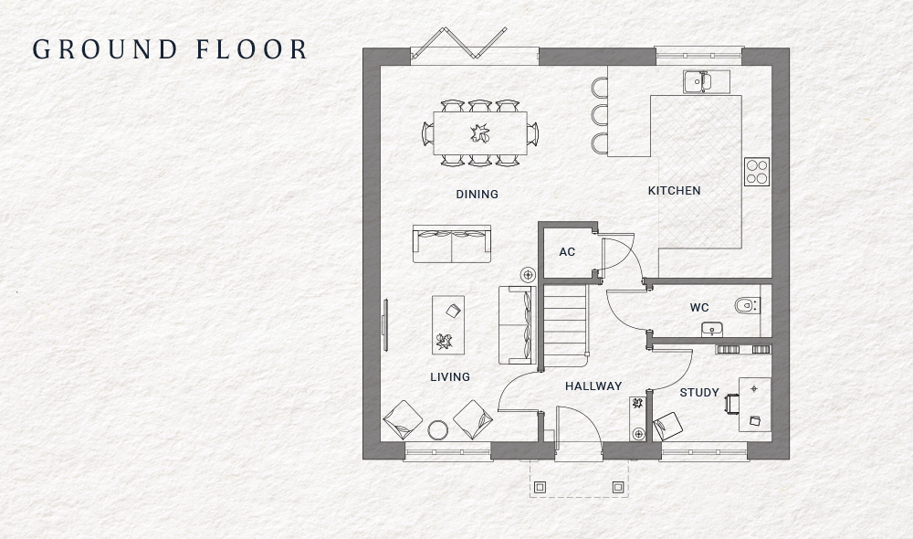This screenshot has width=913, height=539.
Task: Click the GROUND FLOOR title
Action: pyautogui.click(x=170, y=49)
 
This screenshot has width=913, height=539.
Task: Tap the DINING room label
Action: pyautogui.click(x=477, y=194)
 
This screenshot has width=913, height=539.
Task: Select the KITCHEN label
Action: pyautogui.click(x=674, y=190)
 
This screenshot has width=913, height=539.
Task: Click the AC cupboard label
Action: pyautogui.click(x=567, y=251)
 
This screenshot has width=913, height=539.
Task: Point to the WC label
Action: pyautogui.click(x=699, y=308)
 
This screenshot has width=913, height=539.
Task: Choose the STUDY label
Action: pyautogui.click(x=699, y=393)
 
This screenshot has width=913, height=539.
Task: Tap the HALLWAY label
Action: pyautogui.click(x=593, y=386)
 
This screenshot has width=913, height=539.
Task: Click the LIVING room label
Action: pyautogui.click(x=449, y=376)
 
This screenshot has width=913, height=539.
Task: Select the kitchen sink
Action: pyautogui.click(x=699, y=81)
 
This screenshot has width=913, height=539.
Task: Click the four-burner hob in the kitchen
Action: pyautogui.click(x=756, y=172)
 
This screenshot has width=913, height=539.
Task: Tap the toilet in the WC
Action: pyautogui.click(x=746, y=305)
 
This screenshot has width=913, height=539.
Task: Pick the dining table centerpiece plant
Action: pyautogui.click(x=479, y=133)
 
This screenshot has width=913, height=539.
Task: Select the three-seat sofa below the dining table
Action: pyautogui.click(x=451, y=243)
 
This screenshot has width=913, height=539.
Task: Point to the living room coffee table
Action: pyautogui.click(x=447, y=324)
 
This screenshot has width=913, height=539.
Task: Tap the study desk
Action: pyautogui.click(x=754, y=404)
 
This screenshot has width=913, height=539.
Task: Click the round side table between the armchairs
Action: pyautogui.click(x=438, y=429)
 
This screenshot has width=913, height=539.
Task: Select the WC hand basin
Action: pyautogui.click(x=711, y=328)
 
